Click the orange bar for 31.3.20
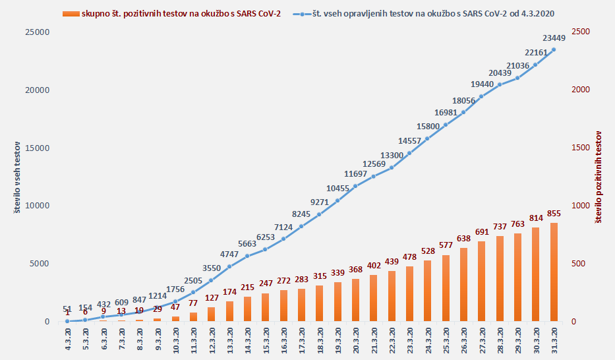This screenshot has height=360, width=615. pyautogui.click(x=554, y=272)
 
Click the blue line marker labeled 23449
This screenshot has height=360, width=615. pyautogui.click(x=554, y=49)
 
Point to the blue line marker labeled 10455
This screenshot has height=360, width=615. pyautogui.click(x=337, y=200)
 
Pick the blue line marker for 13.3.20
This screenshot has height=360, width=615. pyautogui.click(x=229, y=266)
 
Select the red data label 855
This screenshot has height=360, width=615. pyautogui.click(x=554, y=214)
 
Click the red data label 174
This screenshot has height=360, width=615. pyautogui.click(x=229, y=292)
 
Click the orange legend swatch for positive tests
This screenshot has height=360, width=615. pyautogui.click(x=71, y=13)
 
